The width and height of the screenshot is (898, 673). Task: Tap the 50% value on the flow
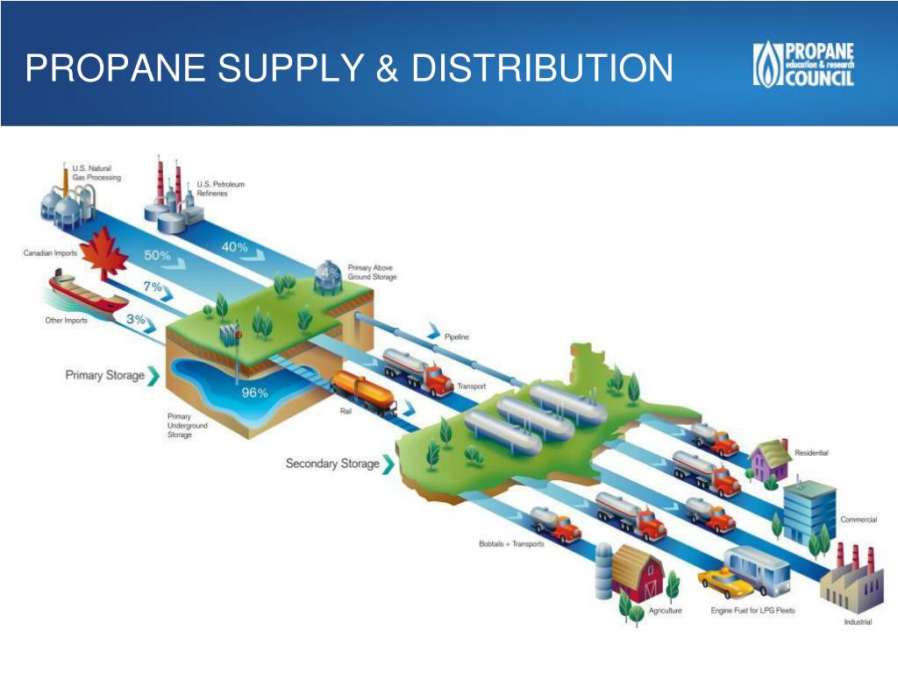pyautogui.click(x=157, y=255)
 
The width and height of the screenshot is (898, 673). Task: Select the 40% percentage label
pyautogui.click(x=235, y=246)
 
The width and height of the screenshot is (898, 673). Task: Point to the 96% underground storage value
pyautogui.click(x=255, y=393)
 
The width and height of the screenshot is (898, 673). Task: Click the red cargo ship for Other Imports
pyautogui.click(x=87, y=293)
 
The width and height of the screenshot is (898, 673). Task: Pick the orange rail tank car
pyautogui.click(x=364, y=392)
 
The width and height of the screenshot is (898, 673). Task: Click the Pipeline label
pyautogui.click(x=456, y=336)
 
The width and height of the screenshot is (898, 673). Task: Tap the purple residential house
pyautogui.click(x=771, y=460)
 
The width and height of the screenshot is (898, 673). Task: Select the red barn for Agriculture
pyautogui.click(x=637, y=572)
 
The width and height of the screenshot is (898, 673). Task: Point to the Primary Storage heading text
pyautogui.click(x=105, y=375)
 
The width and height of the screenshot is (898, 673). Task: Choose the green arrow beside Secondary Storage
pyautogui.click(x=388, y=464)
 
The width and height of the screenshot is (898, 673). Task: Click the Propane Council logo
pyautogui.click(x=803, y=64)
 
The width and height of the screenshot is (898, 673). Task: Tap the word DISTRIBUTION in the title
pyautogui.click(x=542, y=67)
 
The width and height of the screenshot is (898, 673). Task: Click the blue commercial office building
pyautogui.click(x=809, y=512)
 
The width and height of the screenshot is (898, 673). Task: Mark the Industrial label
pyautogui.click(x=858, y=622)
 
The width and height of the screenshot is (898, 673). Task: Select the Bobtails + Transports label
pyautogui.click(x=511, y=543)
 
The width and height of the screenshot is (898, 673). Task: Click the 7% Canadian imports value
pyautogui.click(x=153, y=287)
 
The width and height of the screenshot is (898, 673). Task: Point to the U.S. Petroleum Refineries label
pyautogui.click(x=220, y=189)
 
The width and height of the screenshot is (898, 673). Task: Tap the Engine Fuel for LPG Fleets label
pyautogui.click(x=752, y=611)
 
